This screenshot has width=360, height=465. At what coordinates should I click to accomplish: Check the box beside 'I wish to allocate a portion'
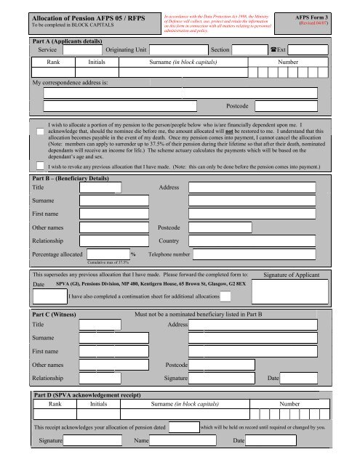coord(40,129)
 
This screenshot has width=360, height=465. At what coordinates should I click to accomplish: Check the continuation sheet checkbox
coord(227,296)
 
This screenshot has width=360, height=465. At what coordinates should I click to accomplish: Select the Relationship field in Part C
coord(100,378)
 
